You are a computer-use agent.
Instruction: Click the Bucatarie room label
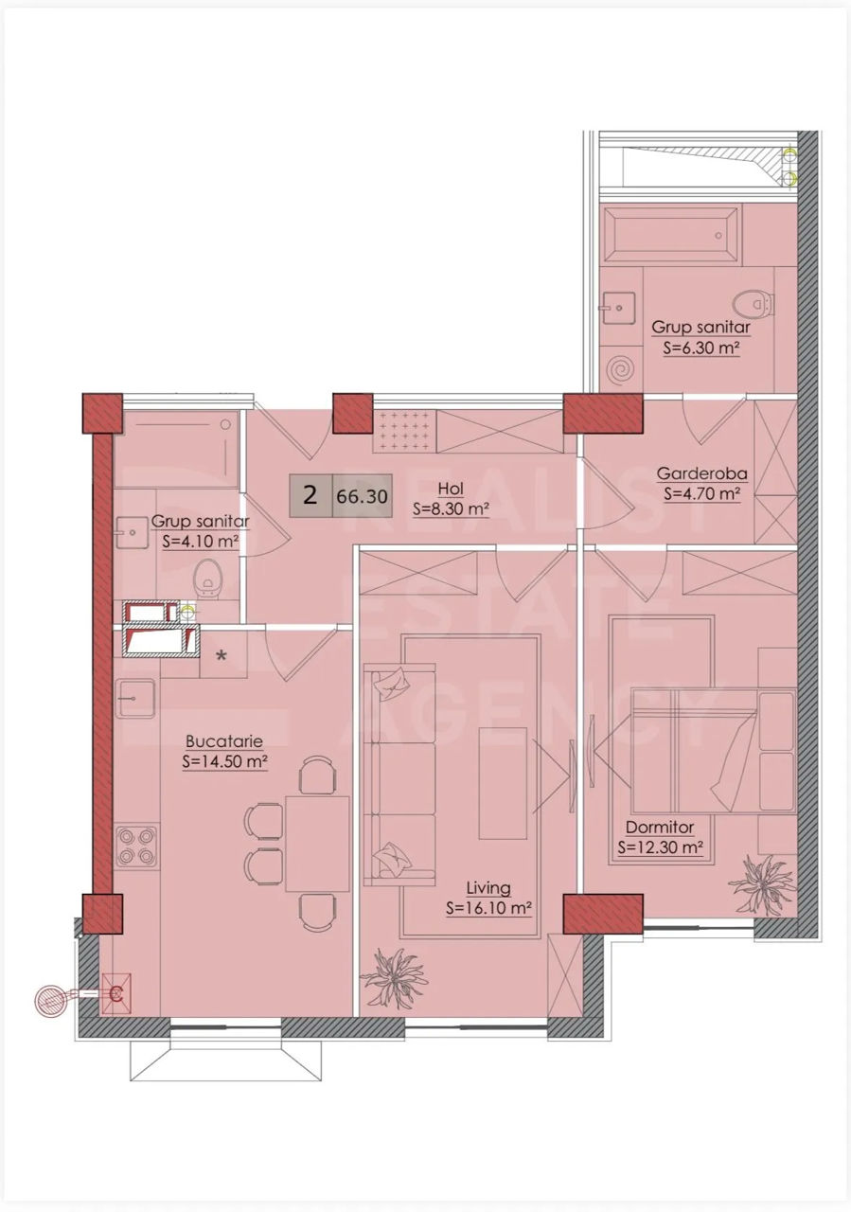224,740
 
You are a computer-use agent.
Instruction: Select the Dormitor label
660,843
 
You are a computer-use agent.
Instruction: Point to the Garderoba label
702,473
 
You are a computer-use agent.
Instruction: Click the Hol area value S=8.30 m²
452,509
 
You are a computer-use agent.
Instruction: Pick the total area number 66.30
362,495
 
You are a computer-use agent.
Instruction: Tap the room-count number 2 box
310,495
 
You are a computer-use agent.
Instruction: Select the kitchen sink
135,699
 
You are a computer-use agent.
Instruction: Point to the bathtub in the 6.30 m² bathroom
672,236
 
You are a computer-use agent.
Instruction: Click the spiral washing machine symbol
622,370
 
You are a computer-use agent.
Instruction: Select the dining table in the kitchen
317,844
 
